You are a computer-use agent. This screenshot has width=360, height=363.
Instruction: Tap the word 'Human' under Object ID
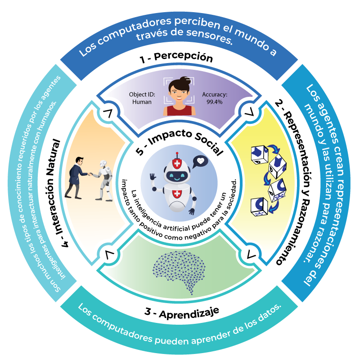click(x=142, y=102)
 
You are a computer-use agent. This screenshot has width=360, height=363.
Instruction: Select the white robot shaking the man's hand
click(x=104, y=180)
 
